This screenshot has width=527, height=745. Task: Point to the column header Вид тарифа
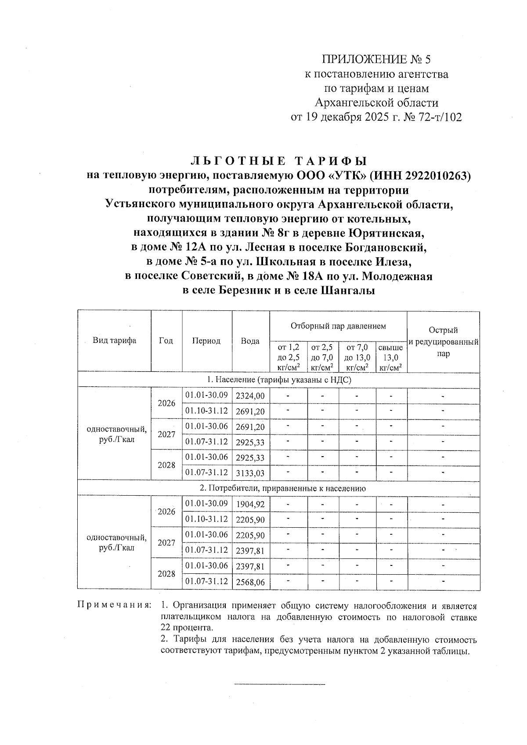(x=114, y=341)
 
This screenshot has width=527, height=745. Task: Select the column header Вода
(x=250, y=341)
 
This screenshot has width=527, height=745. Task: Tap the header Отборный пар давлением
(x=338, y=326)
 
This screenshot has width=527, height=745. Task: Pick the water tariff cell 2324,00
(x=250, y=396)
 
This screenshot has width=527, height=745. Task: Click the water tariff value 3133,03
(x=250, y=473)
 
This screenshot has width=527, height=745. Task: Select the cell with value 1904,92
(x=250, y=504)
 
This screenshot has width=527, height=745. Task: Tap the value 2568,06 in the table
(x=250, y=582)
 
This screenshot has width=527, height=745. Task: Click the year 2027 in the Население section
(x=166, y=435)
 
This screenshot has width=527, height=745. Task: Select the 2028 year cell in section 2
(x=166, y=574)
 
